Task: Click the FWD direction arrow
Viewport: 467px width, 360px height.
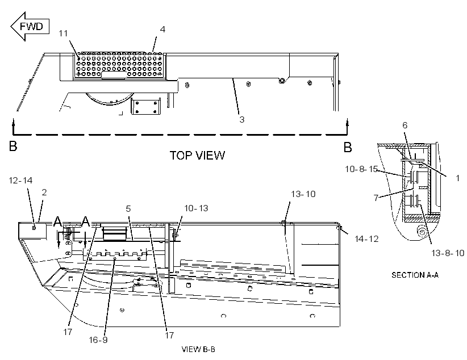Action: pos(30,27)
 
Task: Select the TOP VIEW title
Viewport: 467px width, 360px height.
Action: pos(197,156)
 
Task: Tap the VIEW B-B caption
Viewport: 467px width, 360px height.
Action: pos(198,349)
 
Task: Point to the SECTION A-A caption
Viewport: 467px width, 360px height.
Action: pos(415,275)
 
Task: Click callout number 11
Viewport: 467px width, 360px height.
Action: pos(63,34)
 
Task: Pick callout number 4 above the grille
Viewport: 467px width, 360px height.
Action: pos(162,29)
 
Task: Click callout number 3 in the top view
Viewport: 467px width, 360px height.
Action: pos(242,119)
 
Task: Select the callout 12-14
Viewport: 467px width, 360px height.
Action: pos(20,180)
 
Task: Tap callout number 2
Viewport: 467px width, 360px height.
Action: pos(44,192)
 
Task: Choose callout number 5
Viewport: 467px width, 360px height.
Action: pos(128,209)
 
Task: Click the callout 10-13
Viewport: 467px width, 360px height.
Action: pos(196,208)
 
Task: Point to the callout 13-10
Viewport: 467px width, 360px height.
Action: pos(303,194)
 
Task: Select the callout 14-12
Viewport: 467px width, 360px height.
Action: pos(366,239)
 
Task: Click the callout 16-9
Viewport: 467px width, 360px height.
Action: pos(98,340)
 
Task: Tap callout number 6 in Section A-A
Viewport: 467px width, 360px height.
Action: pos(405,125)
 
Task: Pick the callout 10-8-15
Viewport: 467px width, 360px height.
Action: pos(361,169)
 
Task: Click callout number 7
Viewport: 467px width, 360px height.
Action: pos(376,198)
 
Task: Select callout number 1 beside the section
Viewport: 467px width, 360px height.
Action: pos(458,178)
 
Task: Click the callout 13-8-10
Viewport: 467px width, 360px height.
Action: pos(448,253)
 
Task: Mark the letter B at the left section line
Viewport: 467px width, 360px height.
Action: pos(13,146)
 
